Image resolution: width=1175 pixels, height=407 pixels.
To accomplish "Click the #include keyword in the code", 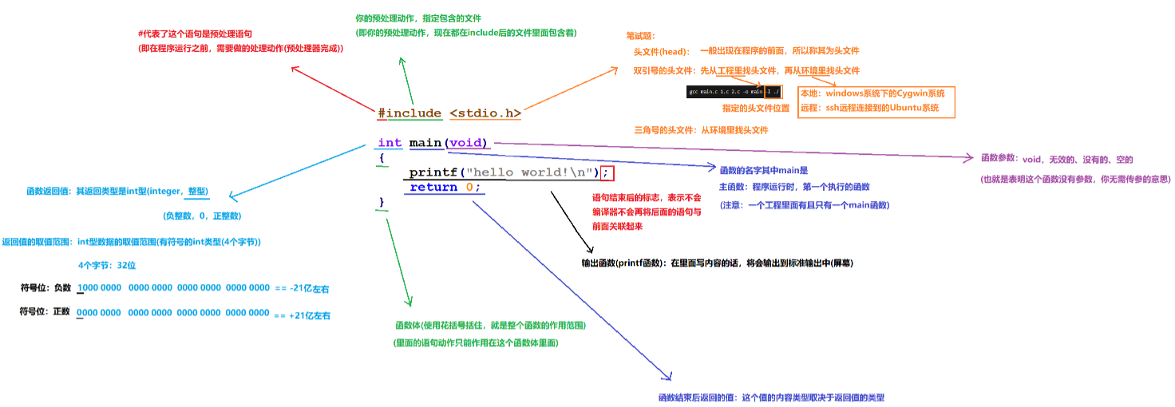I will [x=409, y=113].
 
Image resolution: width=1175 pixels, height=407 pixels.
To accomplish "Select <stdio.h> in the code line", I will [x=485, y=113].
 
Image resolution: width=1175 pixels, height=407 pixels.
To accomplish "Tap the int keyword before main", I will [x=390, y=143].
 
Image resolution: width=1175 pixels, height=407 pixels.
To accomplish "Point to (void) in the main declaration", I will [x=467, y=143].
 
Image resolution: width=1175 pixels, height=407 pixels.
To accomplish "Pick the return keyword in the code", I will [x=433, y=188].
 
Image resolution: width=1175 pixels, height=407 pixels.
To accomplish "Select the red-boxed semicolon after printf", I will [x=607, y=172].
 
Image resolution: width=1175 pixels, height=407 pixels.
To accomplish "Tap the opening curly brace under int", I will [x=382, y=158].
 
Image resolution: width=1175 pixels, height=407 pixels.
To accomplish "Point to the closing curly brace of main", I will [x=382, y=202].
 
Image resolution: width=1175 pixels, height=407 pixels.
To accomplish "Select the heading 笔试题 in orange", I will [x=641, y=36].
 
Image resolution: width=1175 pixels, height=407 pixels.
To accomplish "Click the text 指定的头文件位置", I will [x=755, y=108].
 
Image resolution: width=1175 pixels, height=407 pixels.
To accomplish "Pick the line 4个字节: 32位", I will [x=107, y=265].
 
